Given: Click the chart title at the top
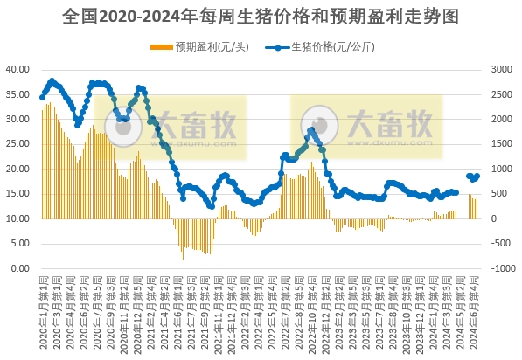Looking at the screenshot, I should pos(261,17).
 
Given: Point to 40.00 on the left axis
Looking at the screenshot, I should pos(18,68).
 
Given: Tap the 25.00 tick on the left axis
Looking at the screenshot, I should pos(18,143).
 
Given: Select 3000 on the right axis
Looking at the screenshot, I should pos(503,68).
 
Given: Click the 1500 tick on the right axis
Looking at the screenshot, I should pos(503,143).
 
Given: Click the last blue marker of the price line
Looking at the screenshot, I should pos(477,176).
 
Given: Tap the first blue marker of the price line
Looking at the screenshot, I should pos(43,97).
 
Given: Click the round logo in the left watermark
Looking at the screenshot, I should pos(124,127).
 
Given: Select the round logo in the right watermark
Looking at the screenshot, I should pos(320,127).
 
